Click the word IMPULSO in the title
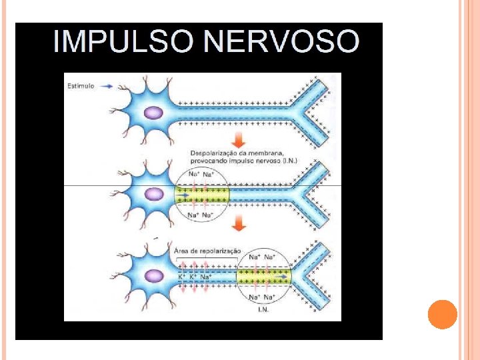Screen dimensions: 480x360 [123, 41]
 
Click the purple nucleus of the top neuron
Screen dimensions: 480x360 [153, 112]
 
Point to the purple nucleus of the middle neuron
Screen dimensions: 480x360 [155, 195]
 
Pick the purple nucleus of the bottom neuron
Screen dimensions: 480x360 [155, 275]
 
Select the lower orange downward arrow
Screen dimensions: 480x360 [239, 226]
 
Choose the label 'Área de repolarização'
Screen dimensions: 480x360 [207, 251]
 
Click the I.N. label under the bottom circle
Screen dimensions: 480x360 [263, 309]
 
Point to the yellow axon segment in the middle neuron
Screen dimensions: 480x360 [202, 195]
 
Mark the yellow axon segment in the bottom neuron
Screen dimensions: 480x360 [264, 276]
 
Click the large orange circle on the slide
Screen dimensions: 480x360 [442, 314]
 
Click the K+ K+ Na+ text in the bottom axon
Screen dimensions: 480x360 [195, 276]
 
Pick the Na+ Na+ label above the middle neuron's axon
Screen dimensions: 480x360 [202, 175]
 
